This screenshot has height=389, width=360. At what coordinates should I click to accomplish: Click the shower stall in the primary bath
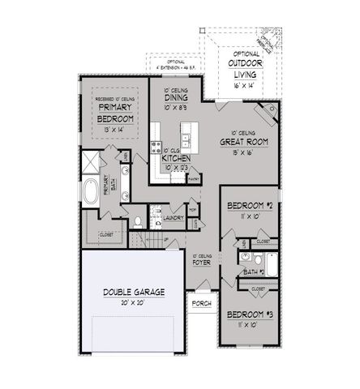pyautogui.click(x=90, y=163)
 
